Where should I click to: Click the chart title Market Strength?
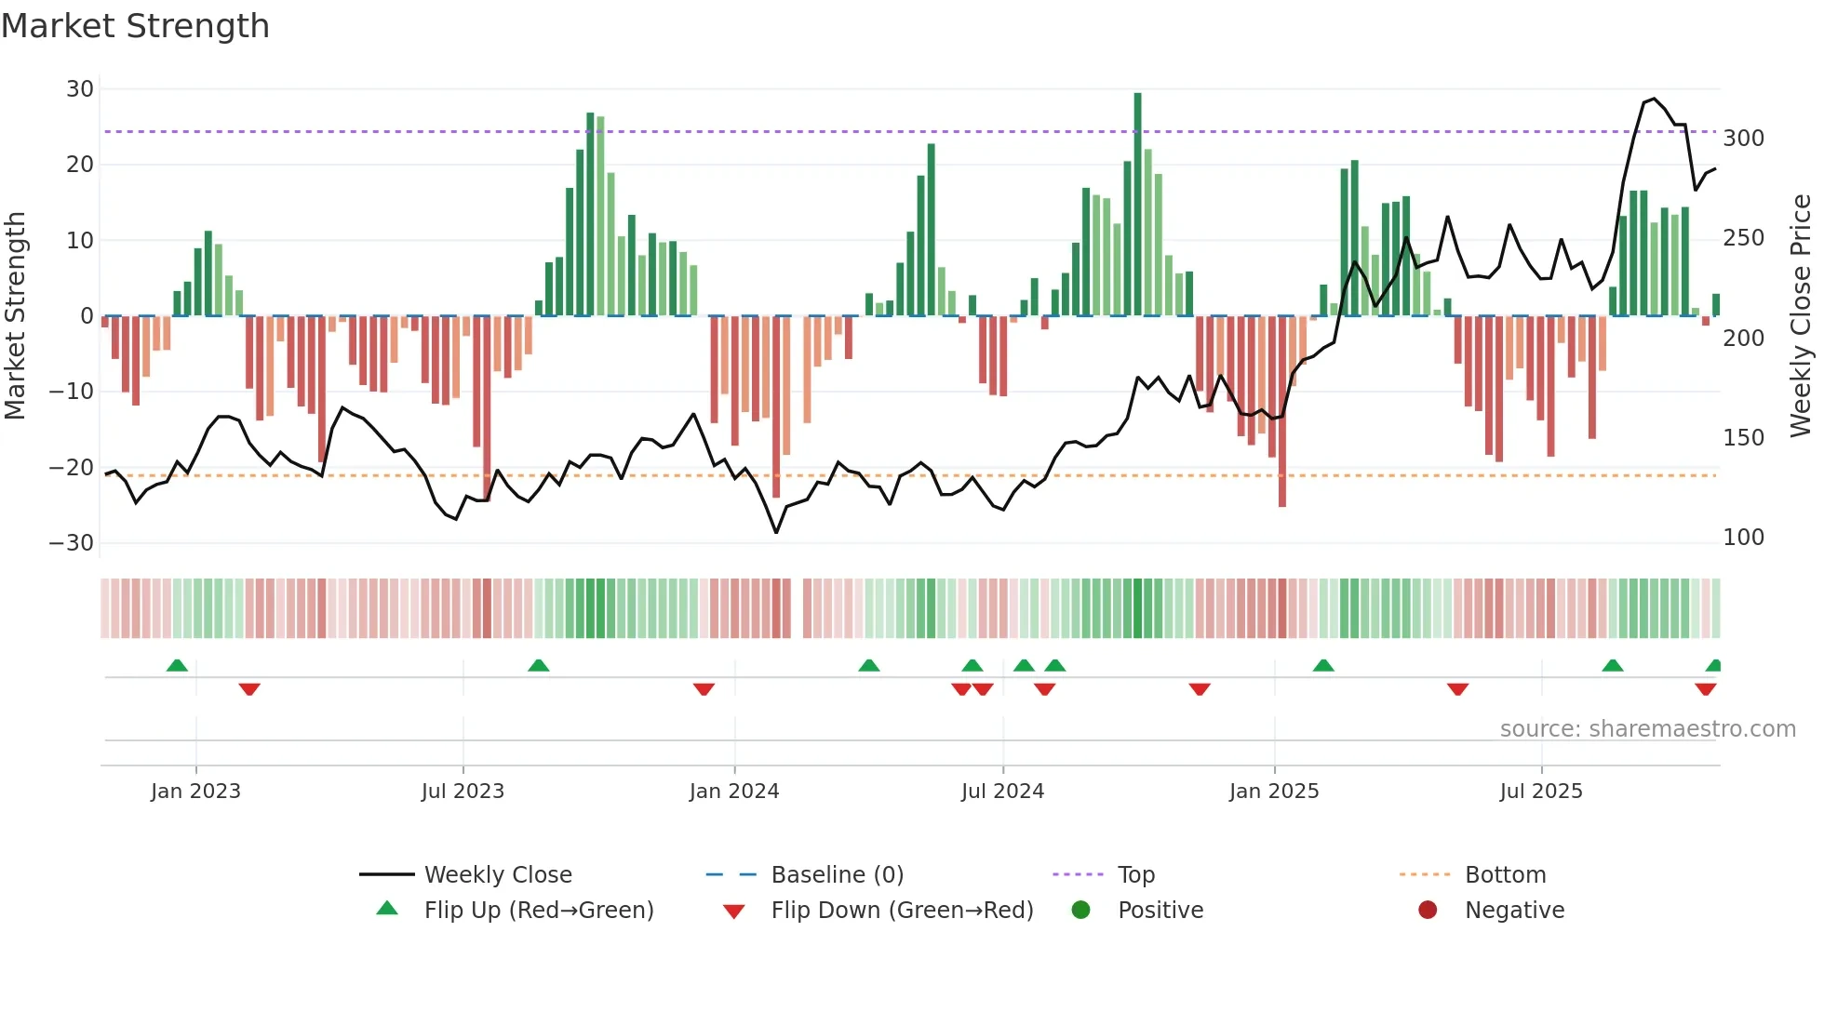click(135, 26)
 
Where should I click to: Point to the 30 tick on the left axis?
click(80, 89)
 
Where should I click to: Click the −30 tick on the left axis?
click(72, 542)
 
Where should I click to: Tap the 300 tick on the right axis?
click(1743, 139)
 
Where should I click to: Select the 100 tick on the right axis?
click(1743, 538)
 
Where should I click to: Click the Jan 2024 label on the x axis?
click(733, 792)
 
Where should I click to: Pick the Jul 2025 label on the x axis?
click(1540, 792)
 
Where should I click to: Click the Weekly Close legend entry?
click(498, 875)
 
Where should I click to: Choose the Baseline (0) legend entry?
click(837, 875)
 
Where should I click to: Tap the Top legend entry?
click(1135, 875)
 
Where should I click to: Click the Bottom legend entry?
click(1505, 875)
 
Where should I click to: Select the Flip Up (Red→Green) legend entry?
click(538, 911)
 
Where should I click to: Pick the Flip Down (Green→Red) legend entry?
click(902, 911)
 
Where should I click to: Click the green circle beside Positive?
click(1080, 910)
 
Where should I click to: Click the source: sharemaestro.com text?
click(1647, 729)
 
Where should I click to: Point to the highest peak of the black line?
click(1654, 99)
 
